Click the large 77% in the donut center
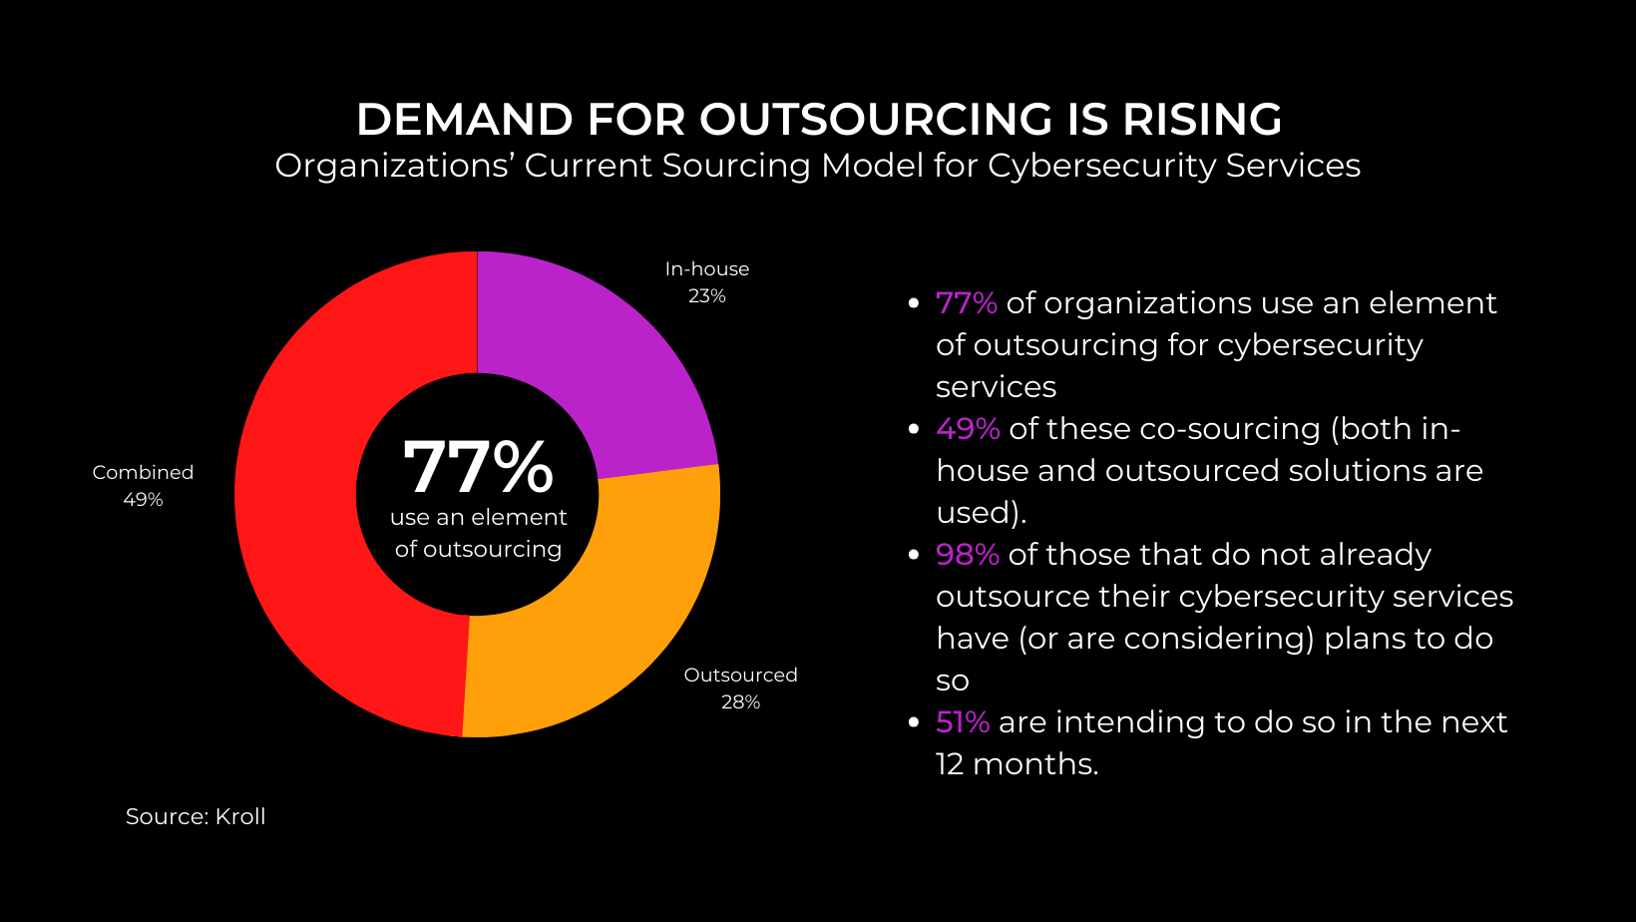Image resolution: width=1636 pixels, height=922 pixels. (x=478, y=467)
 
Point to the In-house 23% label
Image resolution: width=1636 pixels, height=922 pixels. (x=706, y=282)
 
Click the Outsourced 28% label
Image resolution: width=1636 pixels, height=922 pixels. (x=740, y=689)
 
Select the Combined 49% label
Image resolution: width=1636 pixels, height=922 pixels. (x=143, y=486)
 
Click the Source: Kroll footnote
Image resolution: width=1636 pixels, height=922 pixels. (x=196, y=816)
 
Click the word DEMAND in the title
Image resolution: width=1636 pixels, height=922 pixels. (x=464, y=120)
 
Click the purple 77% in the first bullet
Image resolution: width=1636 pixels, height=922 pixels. (x=966, y=303)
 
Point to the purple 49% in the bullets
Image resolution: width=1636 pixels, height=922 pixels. (x=968, y=429)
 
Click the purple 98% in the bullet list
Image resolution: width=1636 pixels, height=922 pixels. (x=968, y=555)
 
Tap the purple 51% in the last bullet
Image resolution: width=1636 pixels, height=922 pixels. (x=963, y=722)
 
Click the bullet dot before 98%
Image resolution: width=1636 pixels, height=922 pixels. (x=913, y=555)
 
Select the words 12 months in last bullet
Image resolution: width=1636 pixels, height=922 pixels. (x=1016, y=764)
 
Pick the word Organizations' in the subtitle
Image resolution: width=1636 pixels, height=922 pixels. (x=394, y=166)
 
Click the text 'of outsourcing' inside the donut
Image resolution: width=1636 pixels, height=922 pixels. (x=478, y=550)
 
